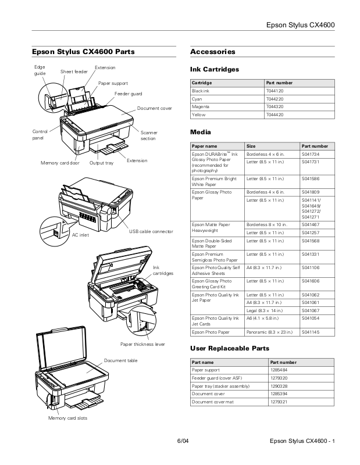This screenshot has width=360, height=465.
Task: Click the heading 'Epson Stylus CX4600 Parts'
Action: [83, 52]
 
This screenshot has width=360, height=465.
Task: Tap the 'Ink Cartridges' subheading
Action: [214, 69]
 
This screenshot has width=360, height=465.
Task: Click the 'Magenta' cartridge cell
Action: [201, 107]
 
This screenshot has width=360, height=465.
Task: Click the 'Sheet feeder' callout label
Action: [74, 71]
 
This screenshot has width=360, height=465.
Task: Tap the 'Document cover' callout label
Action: [154, 109]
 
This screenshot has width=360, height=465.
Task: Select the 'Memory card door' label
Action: [60, 163]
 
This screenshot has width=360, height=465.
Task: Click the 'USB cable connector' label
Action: [151, 231]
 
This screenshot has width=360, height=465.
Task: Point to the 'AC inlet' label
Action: [80, 235]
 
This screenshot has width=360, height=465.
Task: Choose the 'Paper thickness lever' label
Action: [142, 344]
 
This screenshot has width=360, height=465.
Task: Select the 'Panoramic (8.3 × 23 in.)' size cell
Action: [270, 332]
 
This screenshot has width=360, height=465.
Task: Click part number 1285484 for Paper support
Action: [279, 370]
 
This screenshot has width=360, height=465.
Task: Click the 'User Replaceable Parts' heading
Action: [230, 348]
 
